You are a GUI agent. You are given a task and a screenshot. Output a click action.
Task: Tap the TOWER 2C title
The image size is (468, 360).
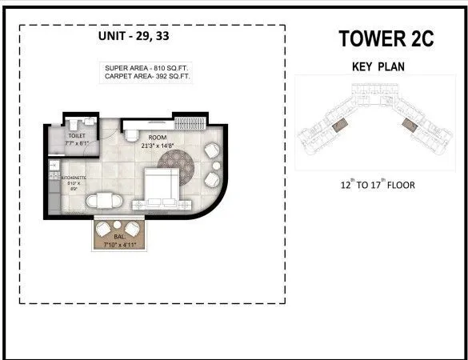click(x=386, y=38)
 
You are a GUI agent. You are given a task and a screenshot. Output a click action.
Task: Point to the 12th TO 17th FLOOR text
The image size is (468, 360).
click(x=377, y=185)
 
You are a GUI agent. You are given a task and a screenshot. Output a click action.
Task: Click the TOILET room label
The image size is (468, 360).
click(x=77, y=136)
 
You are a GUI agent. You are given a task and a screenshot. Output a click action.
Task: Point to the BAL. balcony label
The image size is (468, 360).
click(x=118, y=237)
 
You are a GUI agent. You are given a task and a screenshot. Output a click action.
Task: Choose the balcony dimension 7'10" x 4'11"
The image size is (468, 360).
click(x=119, y=245)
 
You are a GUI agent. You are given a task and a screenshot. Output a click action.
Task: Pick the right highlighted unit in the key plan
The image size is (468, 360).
click(x=411, y=124)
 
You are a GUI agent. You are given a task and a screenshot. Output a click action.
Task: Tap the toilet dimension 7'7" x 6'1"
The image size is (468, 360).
click(x=77, y=144)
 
